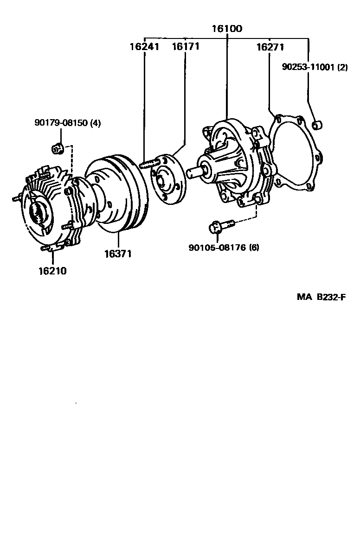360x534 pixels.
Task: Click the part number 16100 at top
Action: coord(227,29)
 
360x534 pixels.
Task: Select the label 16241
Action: coord(144,46)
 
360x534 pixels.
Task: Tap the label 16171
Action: coord(186,46)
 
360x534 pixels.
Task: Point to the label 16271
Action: coord(270,47)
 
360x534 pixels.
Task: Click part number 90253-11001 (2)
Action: coord(315,67)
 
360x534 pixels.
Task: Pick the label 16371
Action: coord(118,254)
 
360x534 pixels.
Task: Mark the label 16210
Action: coord(52,271)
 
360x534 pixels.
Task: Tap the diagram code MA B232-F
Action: coord(321,297)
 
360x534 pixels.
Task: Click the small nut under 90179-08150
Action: coord(57,148)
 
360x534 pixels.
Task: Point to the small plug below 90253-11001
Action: coord(318,125)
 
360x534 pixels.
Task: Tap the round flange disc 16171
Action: coord(167,178)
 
